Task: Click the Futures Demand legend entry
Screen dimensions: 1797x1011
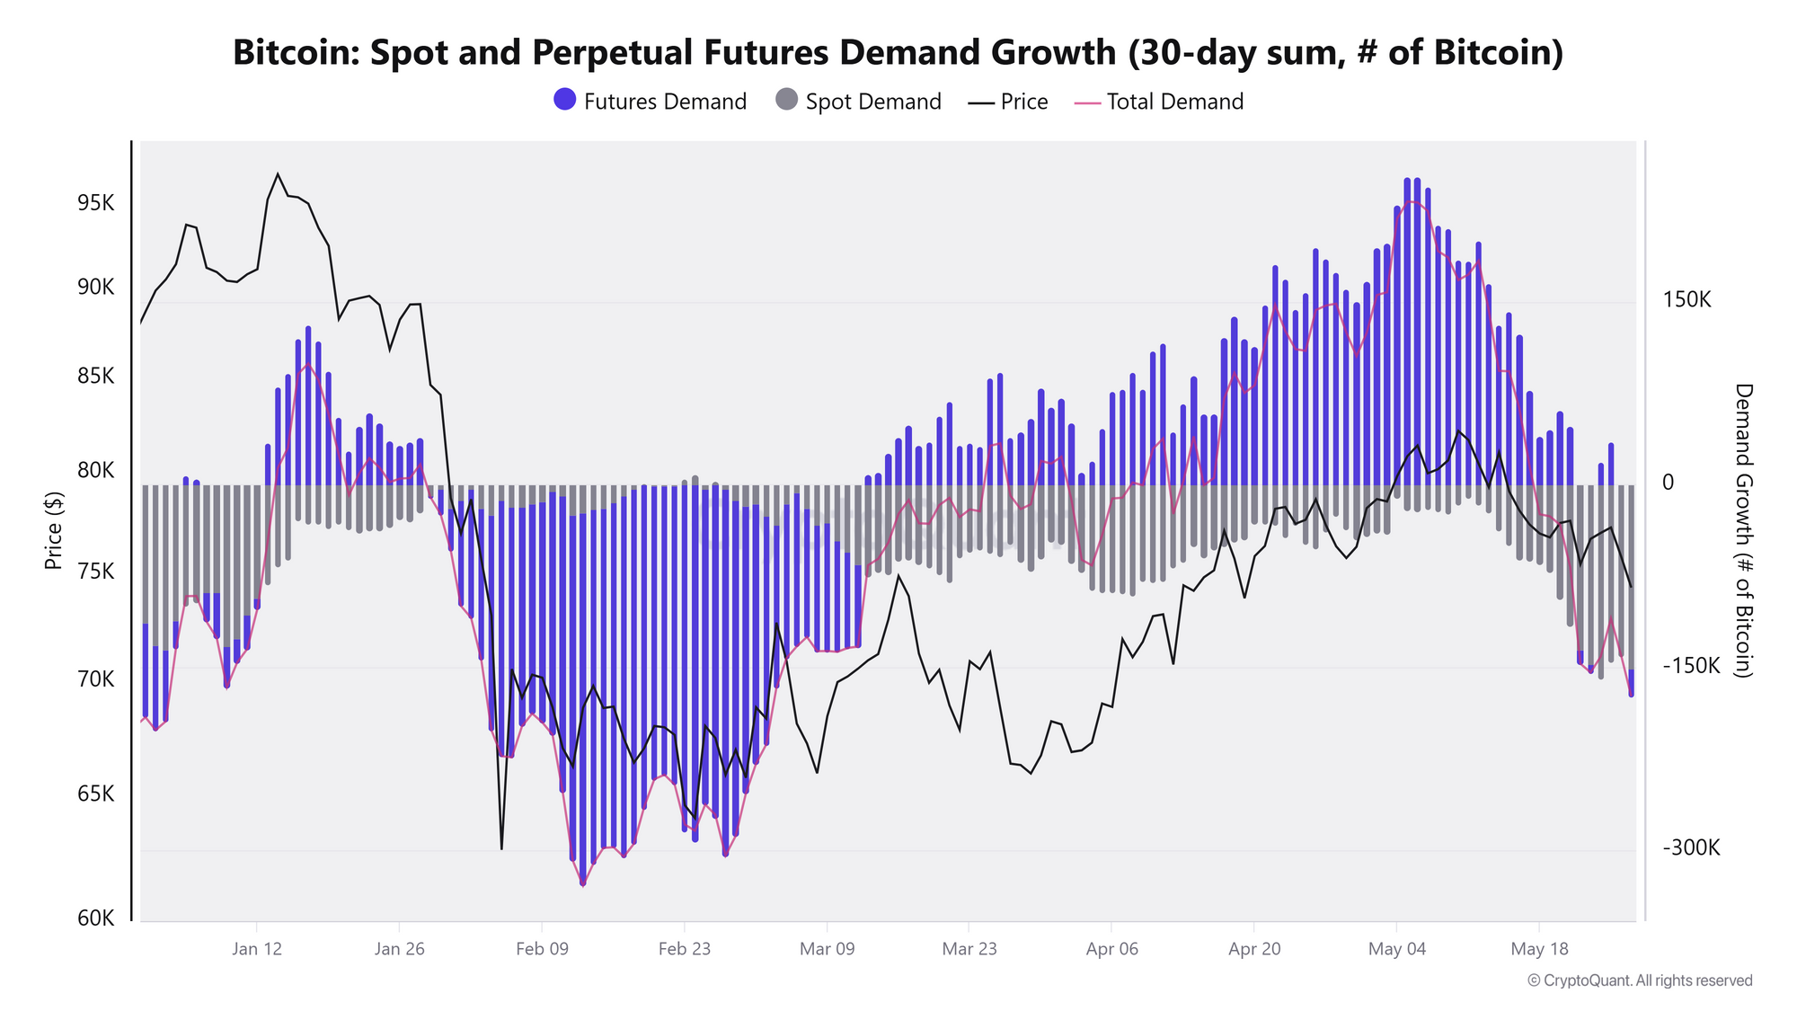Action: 651,102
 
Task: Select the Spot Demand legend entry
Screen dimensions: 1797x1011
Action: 858,102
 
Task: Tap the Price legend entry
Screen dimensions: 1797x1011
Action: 1008,102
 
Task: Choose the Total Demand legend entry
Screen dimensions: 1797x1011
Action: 1159,102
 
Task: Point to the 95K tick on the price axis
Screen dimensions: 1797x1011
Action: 96,203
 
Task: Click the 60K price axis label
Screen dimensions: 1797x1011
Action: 96,918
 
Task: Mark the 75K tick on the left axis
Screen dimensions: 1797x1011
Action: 96,572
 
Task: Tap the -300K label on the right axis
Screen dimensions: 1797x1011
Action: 1691,848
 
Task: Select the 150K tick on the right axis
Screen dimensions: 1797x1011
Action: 1686,300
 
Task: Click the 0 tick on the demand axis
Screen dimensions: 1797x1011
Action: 1669,483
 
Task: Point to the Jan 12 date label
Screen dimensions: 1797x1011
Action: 257,949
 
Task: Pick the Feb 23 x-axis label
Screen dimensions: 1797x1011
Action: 685,949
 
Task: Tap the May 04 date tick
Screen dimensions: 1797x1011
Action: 1397,949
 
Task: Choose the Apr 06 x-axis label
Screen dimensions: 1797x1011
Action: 1112,949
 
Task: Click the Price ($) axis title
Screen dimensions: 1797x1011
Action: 54,530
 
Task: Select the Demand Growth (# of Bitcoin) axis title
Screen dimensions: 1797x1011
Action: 1743,530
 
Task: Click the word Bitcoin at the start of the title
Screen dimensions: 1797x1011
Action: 296,52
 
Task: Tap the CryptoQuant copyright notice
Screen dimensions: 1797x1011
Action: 1640,980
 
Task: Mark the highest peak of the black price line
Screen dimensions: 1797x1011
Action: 278,173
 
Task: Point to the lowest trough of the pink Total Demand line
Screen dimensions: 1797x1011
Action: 583,885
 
